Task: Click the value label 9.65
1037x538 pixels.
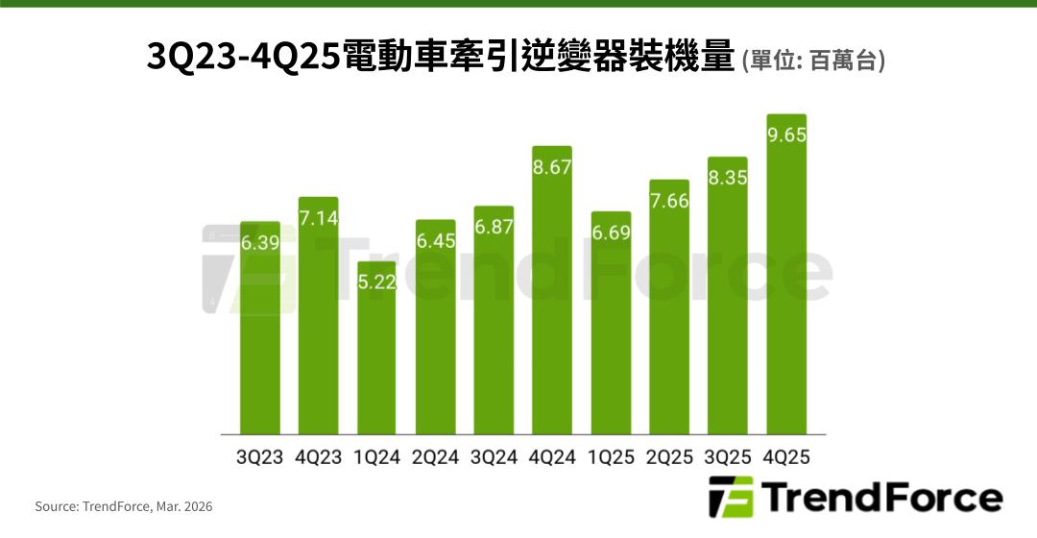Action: click(785, 134)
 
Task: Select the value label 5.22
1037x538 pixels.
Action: click(376, 282)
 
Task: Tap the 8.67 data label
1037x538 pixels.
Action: click(552, 167)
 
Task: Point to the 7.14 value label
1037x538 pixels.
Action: click(318, 218)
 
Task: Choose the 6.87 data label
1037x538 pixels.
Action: click(494, 228)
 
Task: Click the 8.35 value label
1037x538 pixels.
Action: click(727, 178)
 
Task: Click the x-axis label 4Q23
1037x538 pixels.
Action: click(318, 457)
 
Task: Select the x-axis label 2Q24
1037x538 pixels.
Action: click(435, 457)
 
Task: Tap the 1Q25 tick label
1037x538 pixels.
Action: click(611, 457)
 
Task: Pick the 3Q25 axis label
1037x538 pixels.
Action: click(727, 457)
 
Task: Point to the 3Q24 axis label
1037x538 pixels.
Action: click(494, 457)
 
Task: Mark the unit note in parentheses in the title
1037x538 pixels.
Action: click(813, 61)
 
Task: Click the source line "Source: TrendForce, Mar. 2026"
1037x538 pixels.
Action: click(124, 506)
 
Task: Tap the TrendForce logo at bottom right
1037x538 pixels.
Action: click(855, 498)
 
